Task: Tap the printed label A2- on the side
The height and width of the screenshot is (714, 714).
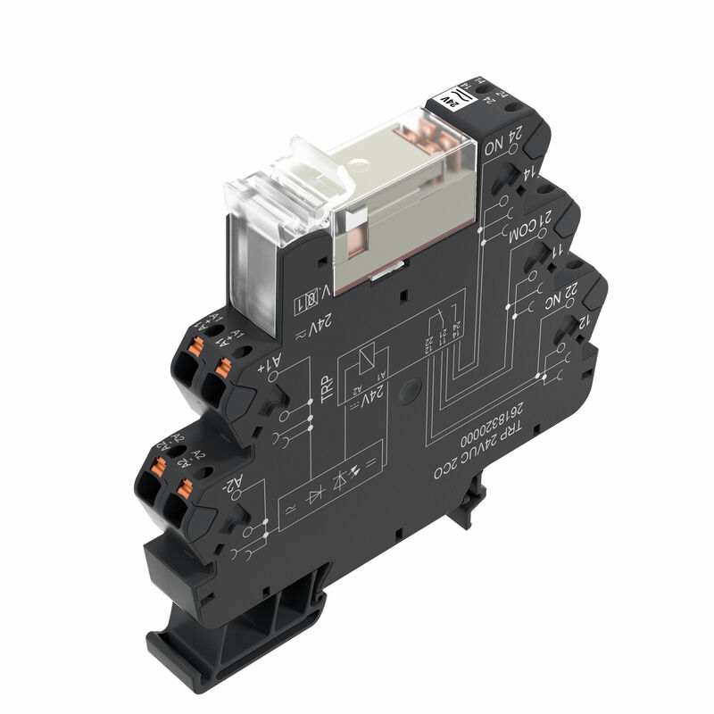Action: point(234,485)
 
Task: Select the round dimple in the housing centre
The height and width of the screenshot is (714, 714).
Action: point(410,390)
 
